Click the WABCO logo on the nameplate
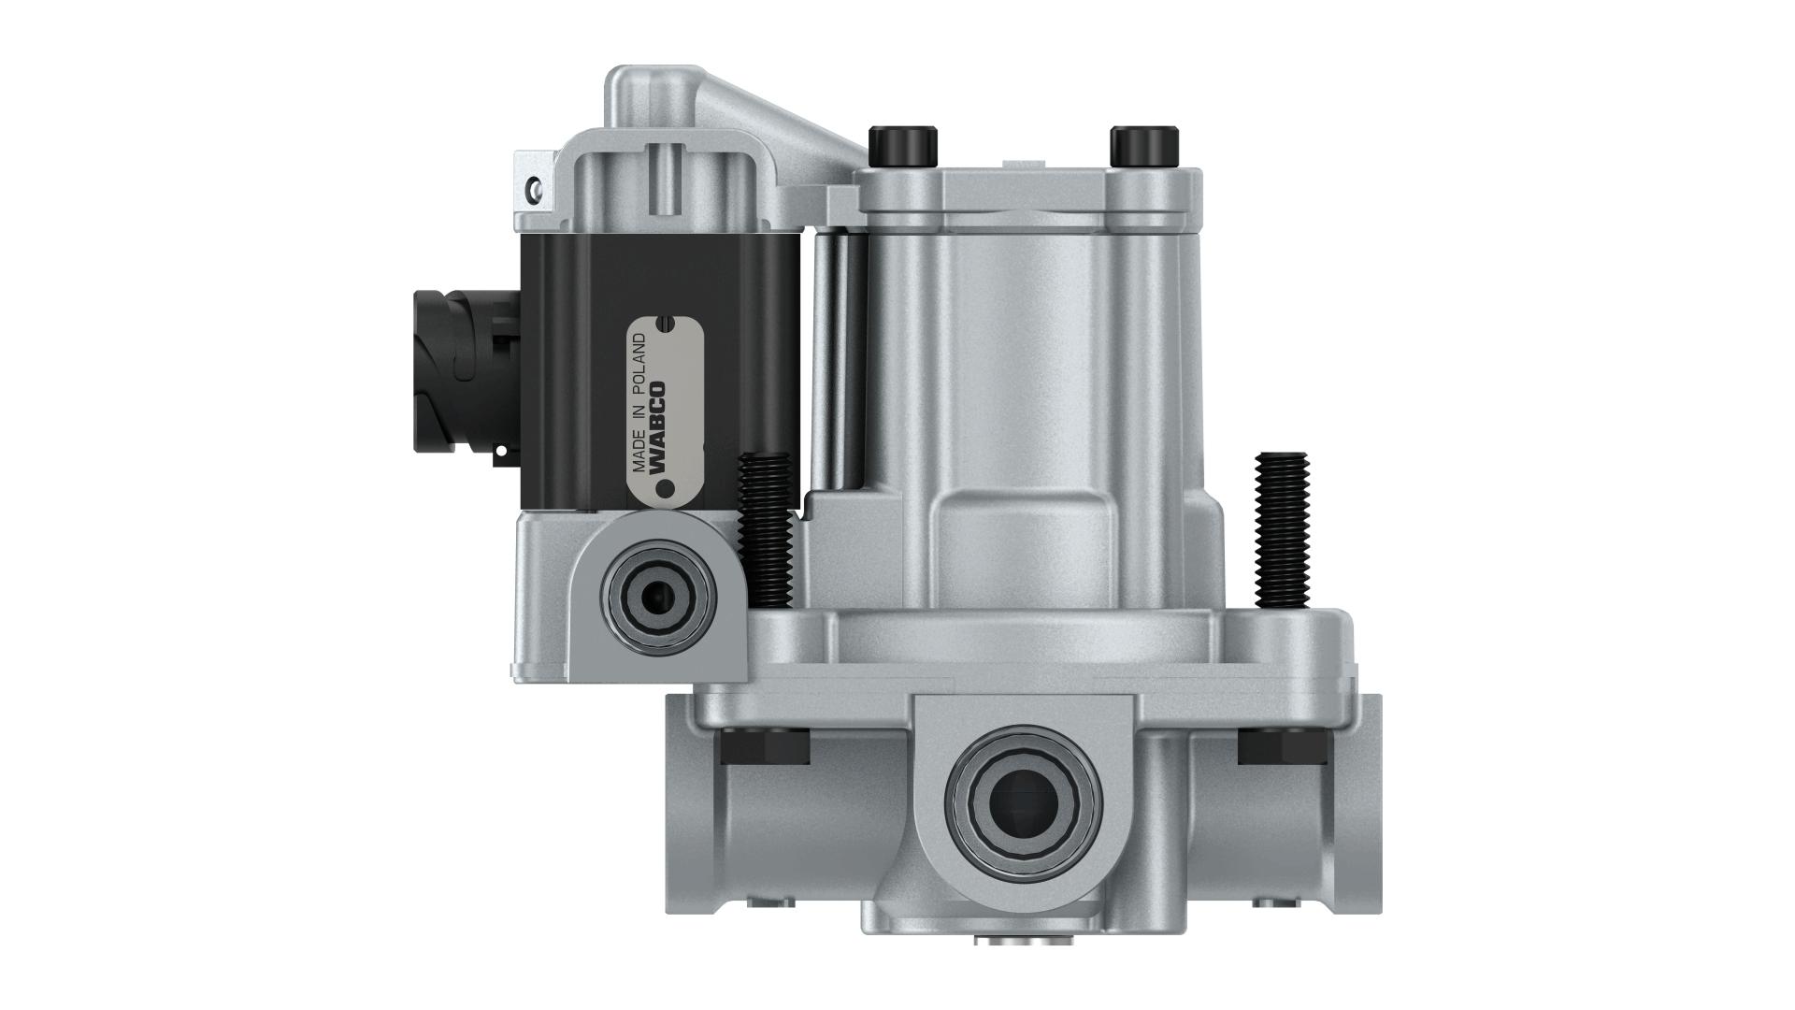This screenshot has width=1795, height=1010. pyautogui.click(x=657, y=426)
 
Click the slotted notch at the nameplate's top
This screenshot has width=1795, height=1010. pyautogui.click(x=665, y=324)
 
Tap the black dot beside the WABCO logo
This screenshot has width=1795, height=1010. pyautogui.click(x=666, y=488)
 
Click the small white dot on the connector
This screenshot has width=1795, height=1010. pyautogui.click(x=501, y=450)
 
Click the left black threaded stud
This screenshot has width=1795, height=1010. pyautogui.click(x=765, y=528)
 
